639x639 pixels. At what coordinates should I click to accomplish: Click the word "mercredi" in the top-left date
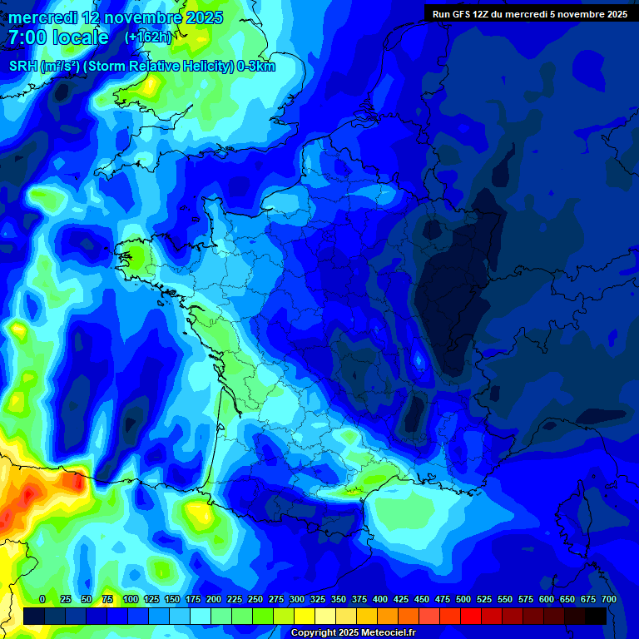[41, 17]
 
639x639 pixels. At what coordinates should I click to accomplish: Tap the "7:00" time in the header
[29, 37]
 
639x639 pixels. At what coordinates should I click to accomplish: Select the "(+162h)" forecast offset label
[147, 37]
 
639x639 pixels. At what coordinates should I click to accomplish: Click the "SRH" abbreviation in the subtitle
[23, 67]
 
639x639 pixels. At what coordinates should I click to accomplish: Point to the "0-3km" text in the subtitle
[256, 67]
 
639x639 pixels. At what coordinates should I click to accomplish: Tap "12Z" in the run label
[483, 14]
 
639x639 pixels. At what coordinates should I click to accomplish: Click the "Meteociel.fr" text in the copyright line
[385, 633]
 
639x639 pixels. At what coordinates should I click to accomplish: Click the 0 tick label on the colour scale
[42, 599]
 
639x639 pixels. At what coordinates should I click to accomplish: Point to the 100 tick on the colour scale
[130, 599]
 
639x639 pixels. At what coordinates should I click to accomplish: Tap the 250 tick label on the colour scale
[255, 599]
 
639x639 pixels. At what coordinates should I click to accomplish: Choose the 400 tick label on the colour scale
[379, 599]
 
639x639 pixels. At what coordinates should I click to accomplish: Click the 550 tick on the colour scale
[504, 599]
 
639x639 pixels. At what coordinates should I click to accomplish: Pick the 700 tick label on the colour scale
[608, 599]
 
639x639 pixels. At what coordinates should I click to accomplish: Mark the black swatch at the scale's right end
[596, 616]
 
